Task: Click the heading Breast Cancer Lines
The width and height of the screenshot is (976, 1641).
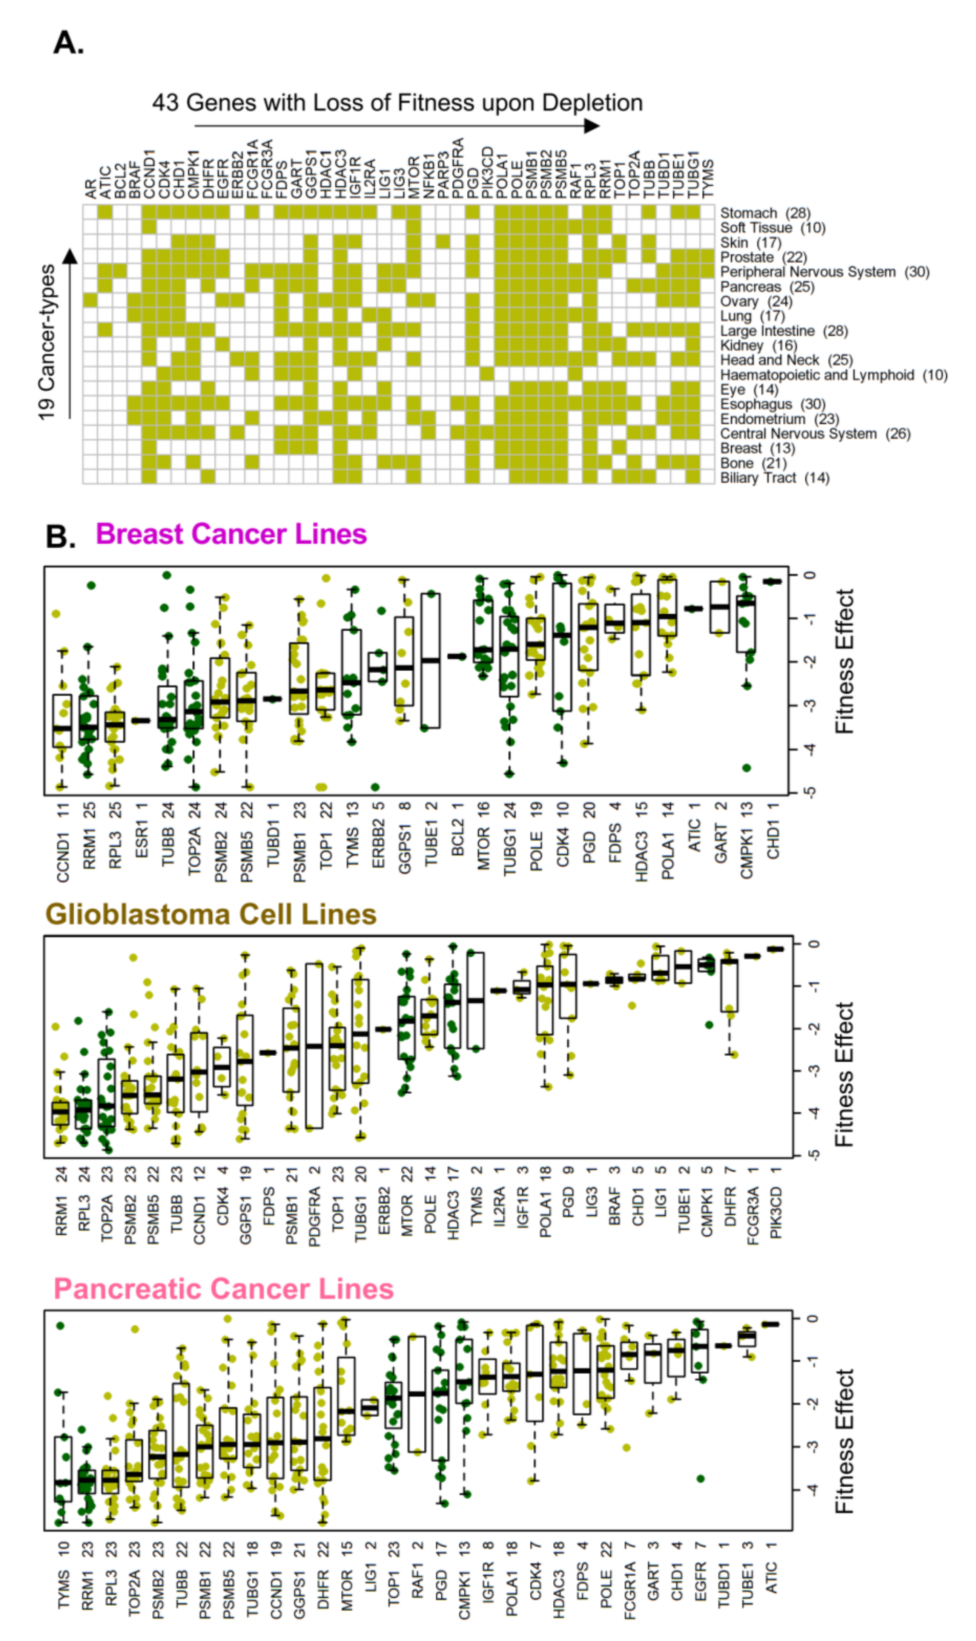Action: pos(231,534)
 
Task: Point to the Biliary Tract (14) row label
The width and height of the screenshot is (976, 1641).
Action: pos(774,478)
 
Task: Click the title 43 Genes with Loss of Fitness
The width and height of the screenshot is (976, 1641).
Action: pos(397,103)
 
